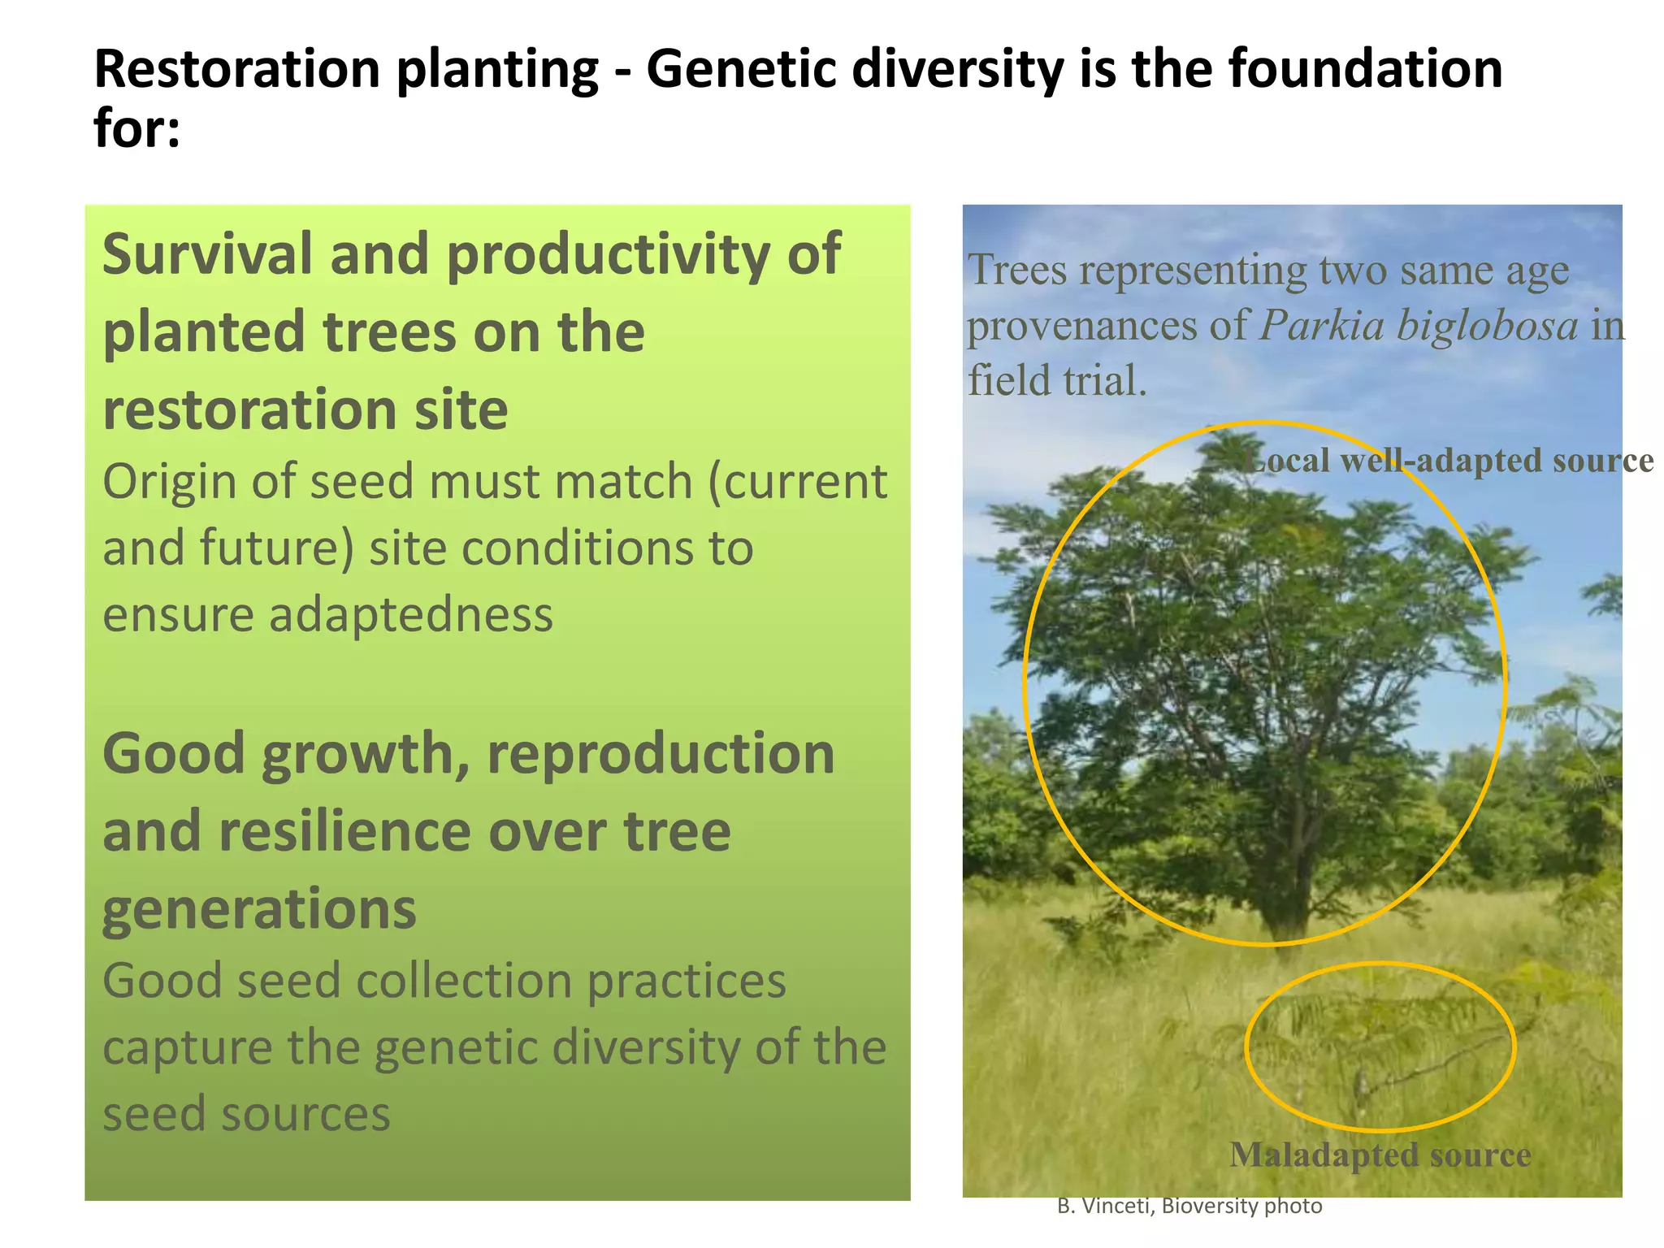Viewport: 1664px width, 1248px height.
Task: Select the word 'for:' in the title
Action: pyautogui.click(x=136, y=128)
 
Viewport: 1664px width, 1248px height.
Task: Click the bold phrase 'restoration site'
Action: pyautogui.click(x=305, y=409)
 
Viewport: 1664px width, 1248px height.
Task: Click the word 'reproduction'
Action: pyautogui.click(x=660, y=754)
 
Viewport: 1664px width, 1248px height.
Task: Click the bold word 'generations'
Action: pyautogui.click(x=259, y=909)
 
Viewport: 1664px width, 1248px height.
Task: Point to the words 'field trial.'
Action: pyautogui.click(x=1056, y=380)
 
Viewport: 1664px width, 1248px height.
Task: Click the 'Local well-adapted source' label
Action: pyautogui.click(x=1449, y=461)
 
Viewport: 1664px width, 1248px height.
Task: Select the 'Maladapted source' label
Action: pyautogui.click(x=1380, y=1155)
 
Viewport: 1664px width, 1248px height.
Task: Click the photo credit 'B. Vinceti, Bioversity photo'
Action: pyautogui.click(x=1189, y=1207)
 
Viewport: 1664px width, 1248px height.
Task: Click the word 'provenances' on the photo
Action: pyautogui.click(x=1081, y=326)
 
